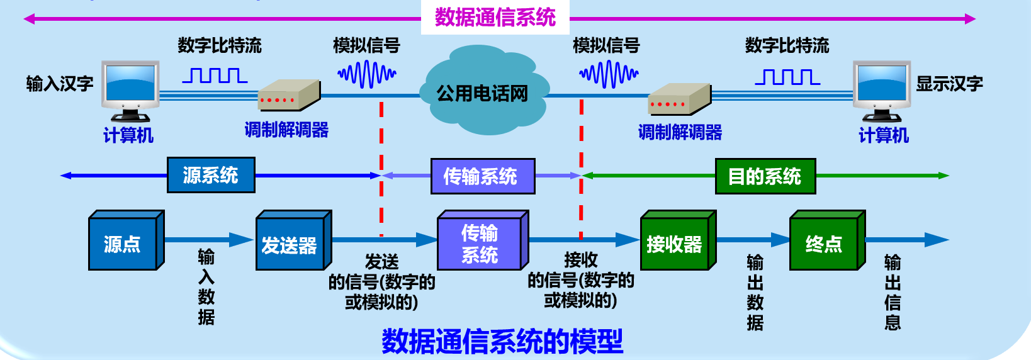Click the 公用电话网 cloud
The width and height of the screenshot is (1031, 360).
tap(482, 93)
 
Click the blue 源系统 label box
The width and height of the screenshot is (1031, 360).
tap(211, 175)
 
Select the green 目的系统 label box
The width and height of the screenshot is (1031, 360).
tap(765, 176)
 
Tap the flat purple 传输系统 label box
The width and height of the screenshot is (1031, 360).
tap(483, 176)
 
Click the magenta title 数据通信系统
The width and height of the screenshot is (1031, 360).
tap(495, 17)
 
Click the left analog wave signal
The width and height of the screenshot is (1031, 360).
tap(367, 74)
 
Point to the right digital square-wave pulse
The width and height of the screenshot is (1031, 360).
tap(787, 77)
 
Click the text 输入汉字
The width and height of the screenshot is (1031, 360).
tap(60, 84)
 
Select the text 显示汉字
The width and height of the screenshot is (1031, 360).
tap(949, 84)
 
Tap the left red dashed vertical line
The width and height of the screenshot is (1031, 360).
tap(381, 170)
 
